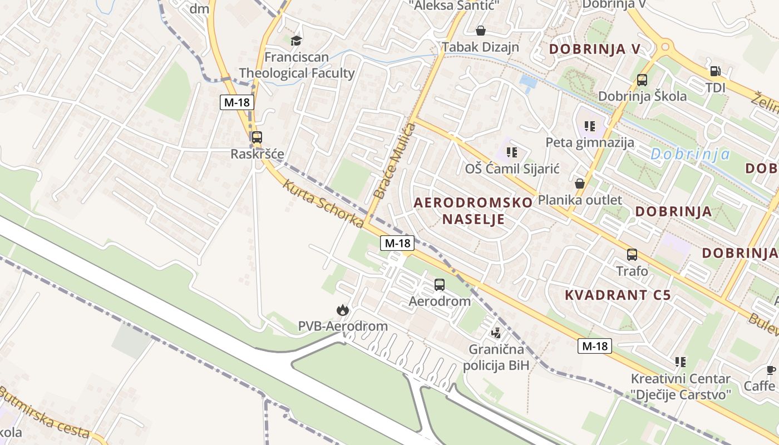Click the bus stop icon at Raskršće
257,137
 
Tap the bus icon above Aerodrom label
440,285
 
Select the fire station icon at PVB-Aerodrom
342,309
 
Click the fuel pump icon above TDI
715,71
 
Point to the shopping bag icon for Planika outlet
580,183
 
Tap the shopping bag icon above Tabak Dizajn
480,31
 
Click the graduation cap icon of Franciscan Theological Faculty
296,41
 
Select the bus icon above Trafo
632,255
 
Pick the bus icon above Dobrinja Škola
642,80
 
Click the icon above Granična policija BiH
496,333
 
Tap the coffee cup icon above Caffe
771,370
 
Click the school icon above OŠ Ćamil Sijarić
512,151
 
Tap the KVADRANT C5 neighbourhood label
618,295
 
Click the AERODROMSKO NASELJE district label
474,210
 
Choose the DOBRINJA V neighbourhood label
595,49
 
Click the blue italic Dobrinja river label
689,154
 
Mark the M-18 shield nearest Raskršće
237,102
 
